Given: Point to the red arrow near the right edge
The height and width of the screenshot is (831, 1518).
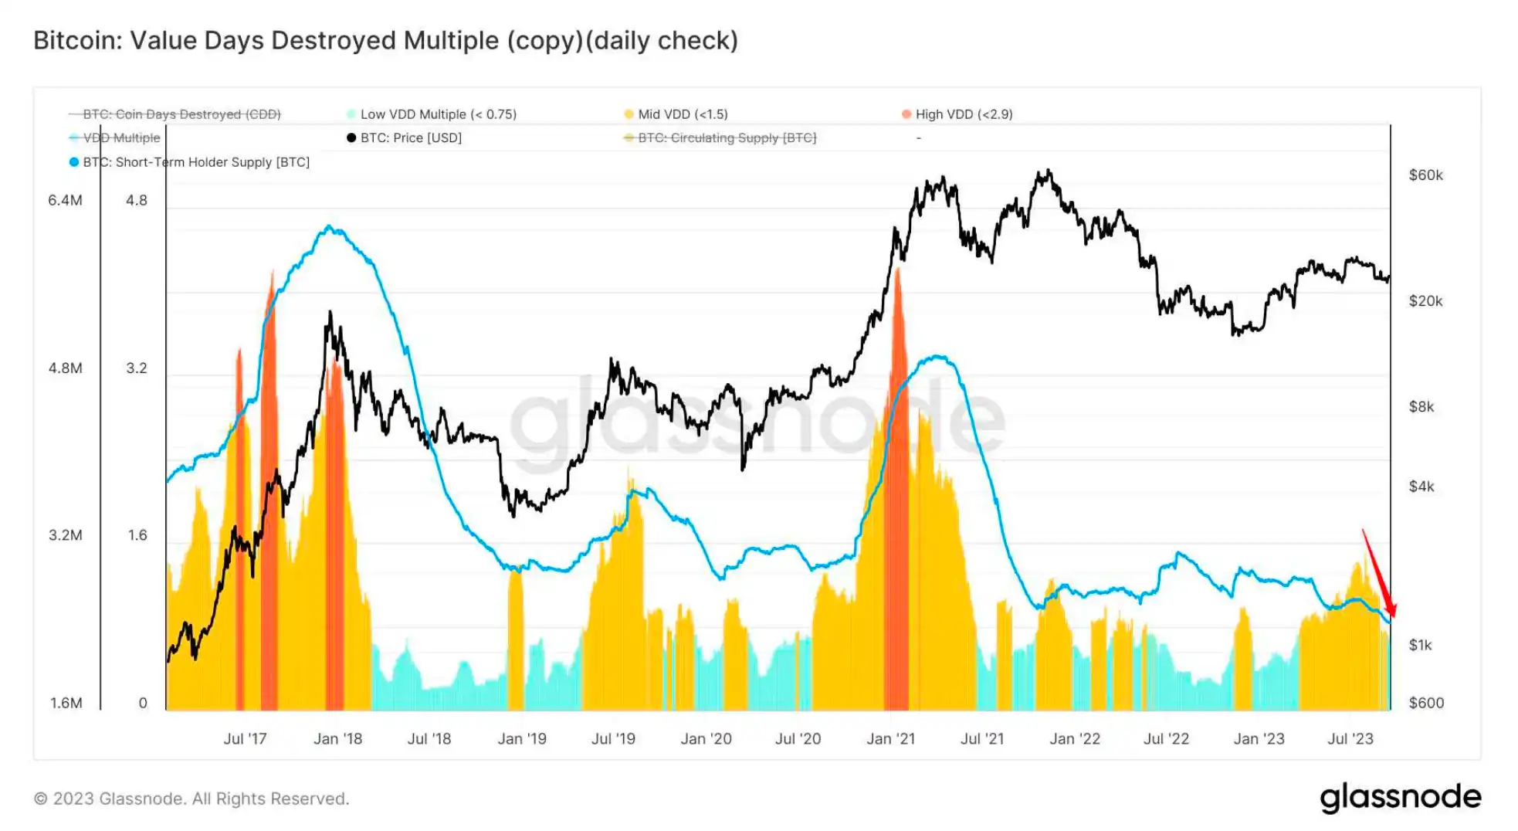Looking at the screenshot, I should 1379,575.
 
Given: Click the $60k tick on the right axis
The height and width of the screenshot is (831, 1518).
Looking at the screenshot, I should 1425,175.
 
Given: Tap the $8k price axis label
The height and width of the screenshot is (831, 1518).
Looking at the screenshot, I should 1421,407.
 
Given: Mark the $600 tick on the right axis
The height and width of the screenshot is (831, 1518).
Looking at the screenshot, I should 1426,703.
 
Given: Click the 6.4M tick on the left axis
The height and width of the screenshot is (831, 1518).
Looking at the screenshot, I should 65,201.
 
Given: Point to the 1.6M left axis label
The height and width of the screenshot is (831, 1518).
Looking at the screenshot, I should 66,703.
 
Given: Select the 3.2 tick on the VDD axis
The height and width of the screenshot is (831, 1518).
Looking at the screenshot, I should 137,368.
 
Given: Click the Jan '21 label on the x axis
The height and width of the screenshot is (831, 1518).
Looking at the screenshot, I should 890,739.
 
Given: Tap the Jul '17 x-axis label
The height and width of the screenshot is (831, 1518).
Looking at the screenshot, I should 245,739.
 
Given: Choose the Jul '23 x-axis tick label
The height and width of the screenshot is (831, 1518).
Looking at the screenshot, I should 1350,739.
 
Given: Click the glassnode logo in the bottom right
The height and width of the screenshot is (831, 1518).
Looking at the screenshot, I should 1400,798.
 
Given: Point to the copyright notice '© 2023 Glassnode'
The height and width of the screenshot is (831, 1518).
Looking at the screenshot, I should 191,799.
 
